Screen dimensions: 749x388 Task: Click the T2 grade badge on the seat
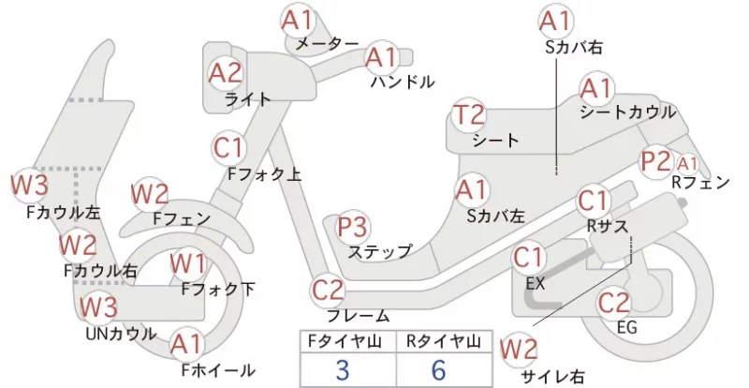[x=469, y=115]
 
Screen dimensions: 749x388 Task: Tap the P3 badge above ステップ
[x=353, y=227]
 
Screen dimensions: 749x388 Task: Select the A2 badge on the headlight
[x=226, y=74]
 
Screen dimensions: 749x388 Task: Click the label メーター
[x=327, y=44]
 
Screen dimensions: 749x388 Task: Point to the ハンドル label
[x=403, y=82]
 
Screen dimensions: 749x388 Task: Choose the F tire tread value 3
[x=343, y=369]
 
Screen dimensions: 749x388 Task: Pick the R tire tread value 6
[x=438, y=369]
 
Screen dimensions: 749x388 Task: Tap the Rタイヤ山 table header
[x=444, y=341]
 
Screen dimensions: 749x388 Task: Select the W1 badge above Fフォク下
[x=188, y=264]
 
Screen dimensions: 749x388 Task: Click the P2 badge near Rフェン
[x=655, y=162]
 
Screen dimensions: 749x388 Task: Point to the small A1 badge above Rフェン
[x=687, y=165]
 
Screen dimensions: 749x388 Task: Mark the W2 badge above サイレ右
[x=519, y=350]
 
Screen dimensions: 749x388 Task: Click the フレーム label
[x=359, y=316]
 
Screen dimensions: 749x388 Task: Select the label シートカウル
[x=628, y=112]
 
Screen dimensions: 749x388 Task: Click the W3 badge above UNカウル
[x=98, y=306]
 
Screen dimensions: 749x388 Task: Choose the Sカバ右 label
[x=574, y=48]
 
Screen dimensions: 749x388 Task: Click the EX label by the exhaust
[x=536, y=284]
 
